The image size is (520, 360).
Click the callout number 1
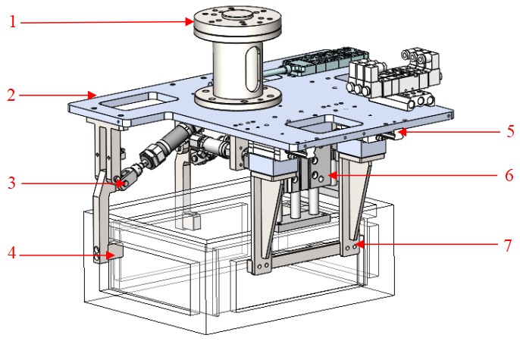12,21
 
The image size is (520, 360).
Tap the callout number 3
12,182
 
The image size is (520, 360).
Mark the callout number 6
509,176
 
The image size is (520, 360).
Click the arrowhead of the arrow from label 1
194,22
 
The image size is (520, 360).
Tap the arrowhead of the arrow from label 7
358,245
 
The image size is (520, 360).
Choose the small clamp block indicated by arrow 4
114,251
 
